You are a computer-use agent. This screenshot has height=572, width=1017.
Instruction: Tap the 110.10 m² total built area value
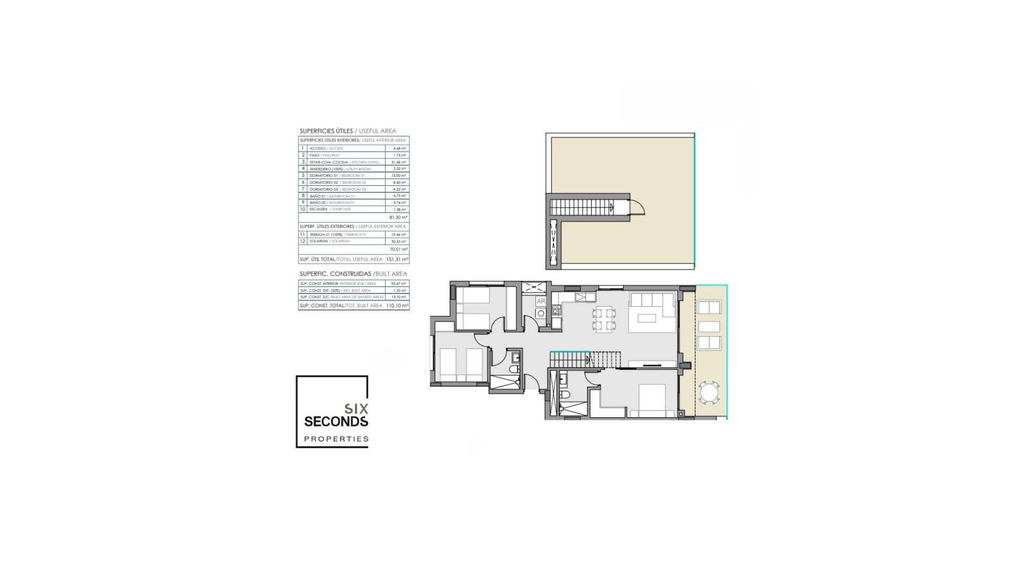(397, 306)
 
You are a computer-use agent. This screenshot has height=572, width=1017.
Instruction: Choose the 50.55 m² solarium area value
(399, 242)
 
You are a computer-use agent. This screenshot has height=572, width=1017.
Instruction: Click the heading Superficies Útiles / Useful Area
(347, 131)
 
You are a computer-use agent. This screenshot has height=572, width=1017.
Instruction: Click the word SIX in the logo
(356, 409)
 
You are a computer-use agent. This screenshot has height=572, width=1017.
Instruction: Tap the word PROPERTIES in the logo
(336, 439)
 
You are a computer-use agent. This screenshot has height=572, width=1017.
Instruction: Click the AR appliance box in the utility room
(541, 301)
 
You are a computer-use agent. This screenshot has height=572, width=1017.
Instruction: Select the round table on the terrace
(709, 392)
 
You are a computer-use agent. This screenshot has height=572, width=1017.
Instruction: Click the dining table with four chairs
(604, 319)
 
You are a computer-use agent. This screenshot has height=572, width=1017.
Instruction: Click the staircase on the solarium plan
(582, 207)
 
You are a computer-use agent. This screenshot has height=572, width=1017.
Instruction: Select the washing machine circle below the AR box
(541, 314)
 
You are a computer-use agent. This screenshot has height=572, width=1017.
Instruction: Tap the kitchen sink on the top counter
(586, 297)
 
